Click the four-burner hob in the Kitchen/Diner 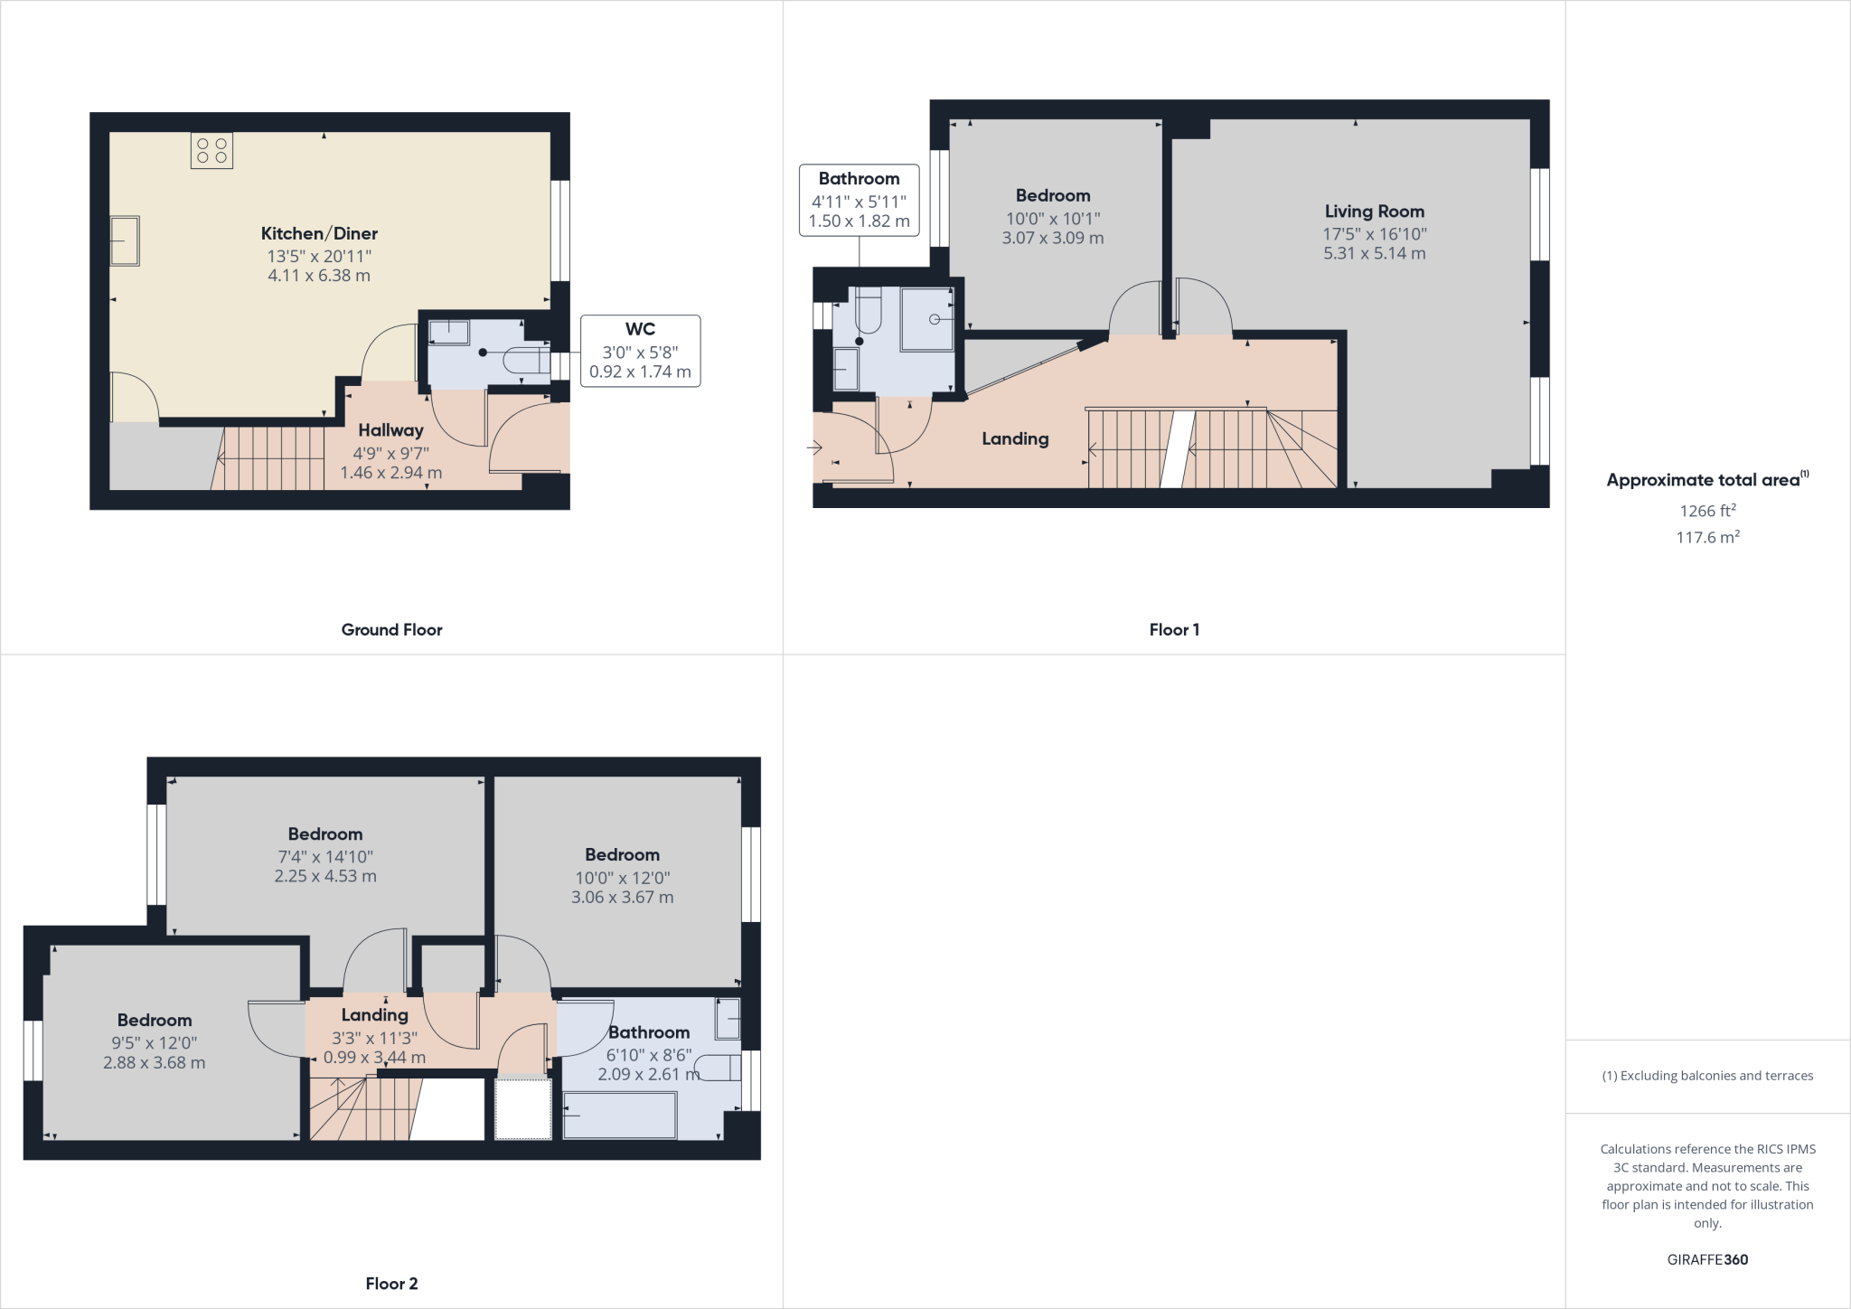(x=211, y=151)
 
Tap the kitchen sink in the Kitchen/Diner (x=125, y=240)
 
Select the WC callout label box (x=640, y=351)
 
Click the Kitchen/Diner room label (x=319, y=233)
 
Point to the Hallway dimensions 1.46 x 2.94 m (x=390, y=472)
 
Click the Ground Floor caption (x=391, y=629)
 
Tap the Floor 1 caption (x=1174, y=629)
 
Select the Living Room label (x=1374, y=212)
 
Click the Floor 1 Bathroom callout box (x=859, y=200)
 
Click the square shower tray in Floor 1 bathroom (x=927, y=319)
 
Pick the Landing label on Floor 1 (x=1015, y=438)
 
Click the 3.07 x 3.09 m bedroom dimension (x=1052, y=238)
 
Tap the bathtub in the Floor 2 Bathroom (x=619, y=1116)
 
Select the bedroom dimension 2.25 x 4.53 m (x=325, y=875)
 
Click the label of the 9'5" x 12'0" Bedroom (x=155, y=1020)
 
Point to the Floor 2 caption (x=391, y=1283)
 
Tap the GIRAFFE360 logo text (x=1707, y=1259)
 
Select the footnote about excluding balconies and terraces (x=1707, y=1076)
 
